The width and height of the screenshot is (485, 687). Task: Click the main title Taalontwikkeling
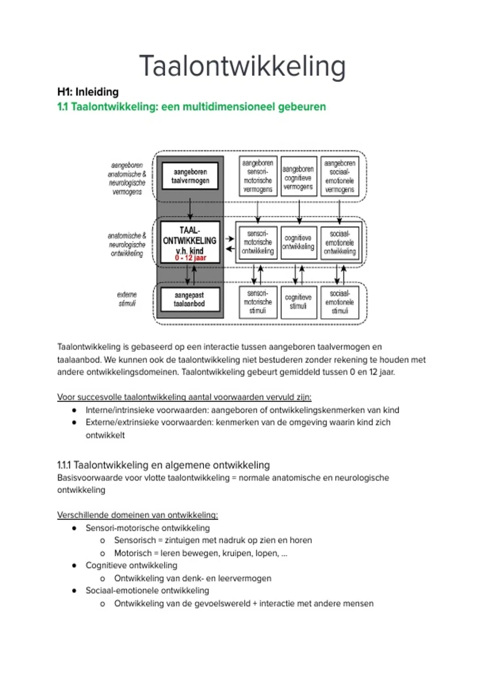[x=242, y=66]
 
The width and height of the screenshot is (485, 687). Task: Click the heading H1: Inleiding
[x=88, y=92]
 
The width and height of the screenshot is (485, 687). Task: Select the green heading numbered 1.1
[x=192, y=107]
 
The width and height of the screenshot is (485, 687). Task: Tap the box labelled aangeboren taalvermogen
[x=190, y=176]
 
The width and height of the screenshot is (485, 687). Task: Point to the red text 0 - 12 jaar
[x=190, y=258]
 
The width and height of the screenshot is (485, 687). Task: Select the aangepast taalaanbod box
[x=190, y=299]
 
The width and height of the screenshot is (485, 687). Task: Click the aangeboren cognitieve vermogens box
[x=298, y=177]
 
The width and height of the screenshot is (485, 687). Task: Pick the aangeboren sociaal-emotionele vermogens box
[x=339, y=176]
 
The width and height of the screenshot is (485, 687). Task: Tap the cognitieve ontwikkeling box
[x=298, y=242]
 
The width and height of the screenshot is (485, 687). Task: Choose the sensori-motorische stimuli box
[x=258, y=302]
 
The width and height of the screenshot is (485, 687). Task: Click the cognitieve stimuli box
[x=298, y=302]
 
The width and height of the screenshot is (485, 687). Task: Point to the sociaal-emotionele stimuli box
[x=339, y=302]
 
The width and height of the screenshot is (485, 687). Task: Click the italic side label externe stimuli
[x=127, y=299]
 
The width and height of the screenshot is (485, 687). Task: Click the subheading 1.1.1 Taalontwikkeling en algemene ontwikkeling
[x=163, y=465]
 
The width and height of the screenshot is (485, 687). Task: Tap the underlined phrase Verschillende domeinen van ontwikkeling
[x=137, y=515]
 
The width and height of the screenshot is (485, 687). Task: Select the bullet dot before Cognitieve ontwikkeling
[x=74, y=565]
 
